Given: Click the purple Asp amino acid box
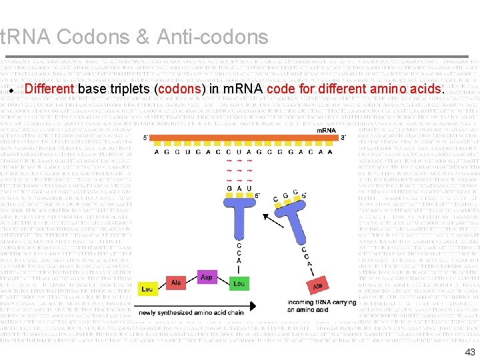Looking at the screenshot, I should [207, 277].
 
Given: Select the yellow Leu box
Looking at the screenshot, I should [147, 289].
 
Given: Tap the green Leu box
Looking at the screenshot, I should [239, 283].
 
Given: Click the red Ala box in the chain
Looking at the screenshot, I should [177, 283].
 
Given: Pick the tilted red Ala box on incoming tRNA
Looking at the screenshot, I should [319, 285].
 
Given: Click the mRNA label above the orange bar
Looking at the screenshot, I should [326, 130].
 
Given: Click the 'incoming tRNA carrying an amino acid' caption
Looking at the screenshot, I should [322, 306].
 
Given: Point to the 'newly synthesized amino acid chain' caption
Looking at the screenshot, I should [191, 313].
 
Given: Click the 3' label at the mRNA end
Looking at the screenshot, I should [343, 137].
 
